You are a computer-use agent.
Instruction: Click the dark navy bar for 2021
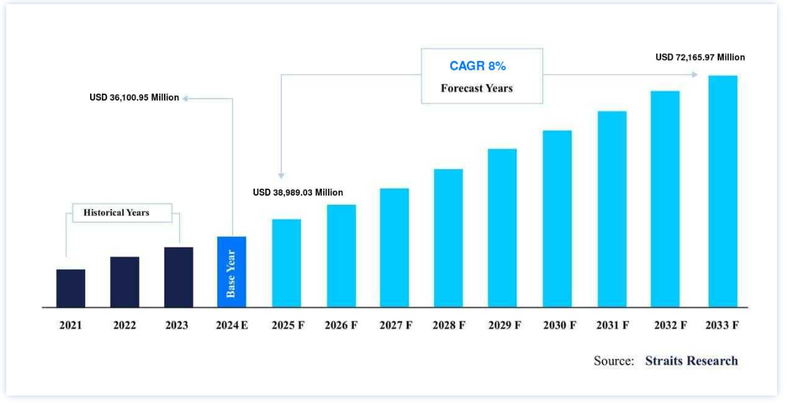[x=71, y=288]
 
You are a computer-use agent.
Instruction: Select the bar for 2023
[x=179, y=277]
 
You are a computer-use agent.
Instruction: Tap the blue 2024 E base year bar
[x=232, y=272]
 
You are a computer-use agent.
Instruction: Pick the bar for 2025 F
[x=286, y=263]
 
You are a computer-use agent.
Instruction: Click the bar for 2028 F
[x=448, y=238]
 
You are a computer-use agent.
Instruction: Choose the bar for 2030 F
[x=557, y=219]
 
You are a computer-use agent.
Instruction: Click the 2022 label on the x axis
[x=124, y=326]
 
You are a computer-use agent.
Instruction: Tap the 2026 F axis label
[x=341, y=326]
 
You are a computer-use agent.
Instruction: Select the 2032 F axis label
[x=670, y=326]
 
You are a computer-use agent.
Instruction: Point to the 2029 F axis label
[x=504, y=326]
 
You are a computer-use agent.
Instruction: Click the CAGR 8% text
[x=477, y=66]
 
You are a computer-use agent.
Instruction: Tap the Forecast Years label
[x=477, y=89]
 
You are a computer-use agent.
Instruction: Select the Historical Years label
[x=116, y=212]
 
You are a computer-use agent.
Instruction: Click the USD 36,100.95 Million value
[x=134, y=98]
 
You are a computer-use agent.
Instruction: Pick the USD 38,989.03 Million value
[x=298, y=192]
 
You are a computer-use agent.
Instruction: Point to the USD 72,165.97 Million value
[x=700, y=57]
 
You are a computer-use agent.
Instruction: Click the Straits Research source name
[x=691, y=361]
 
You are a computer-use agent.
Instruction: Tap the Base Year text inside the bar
[x=232, y=273]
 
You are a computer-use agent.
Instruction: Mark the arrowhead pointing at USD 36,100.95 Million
[x=186, y=98]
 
